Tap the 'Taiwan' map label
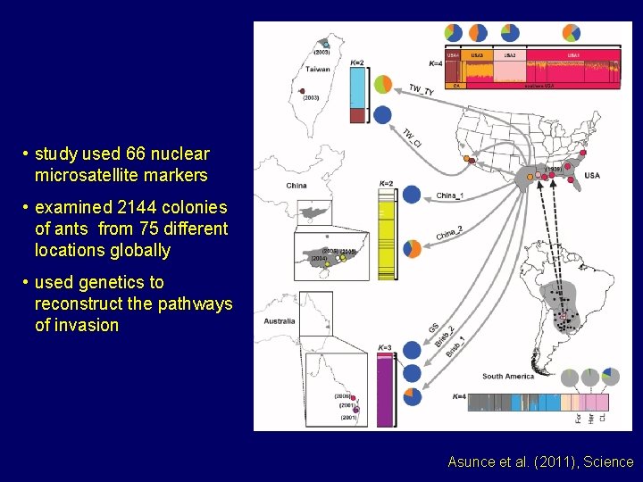(319, 69)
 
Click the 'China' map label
(296, 186)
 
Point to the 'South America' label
(507, 377)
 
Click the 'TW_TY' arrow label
(422, 91)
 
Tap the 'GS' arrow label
(434, 329)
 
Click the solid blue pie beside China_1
(412, 195)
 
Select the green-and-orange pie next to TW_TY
(382, 85)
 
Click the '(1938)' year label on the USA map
(553, 168)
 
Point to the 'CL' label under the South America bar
(602, 416)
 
